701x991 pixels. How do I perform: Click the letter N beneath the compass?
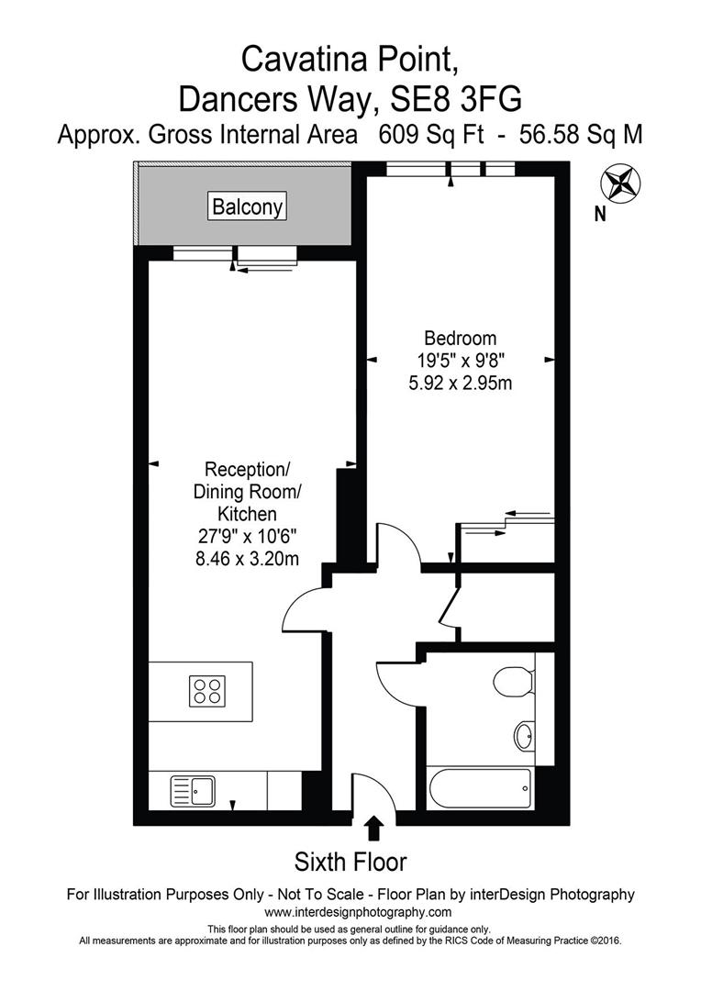(600, 216)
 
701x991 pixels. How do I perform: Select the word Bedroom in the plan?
(460, 338)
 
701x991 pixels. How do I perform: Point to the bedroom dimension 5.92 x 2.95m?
(460, 382)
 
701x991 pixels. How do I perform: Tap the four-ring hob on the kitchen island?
(207, 690)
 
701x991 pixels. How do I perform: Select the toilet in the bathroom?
(510, 682)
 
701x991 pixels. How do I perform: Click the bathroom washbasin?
(524, 735)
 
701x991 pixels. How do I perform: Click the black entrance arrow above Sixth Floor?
(374, 829)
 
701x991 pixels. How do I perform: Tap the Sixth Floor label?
(350, 862)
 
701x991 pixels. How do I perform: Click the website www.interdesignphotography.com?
(358, 912)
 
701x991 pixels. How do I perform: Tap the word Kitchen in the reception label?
(247, 513)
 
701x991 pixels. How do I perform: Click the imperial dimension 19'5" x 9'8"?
(460, 360)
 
